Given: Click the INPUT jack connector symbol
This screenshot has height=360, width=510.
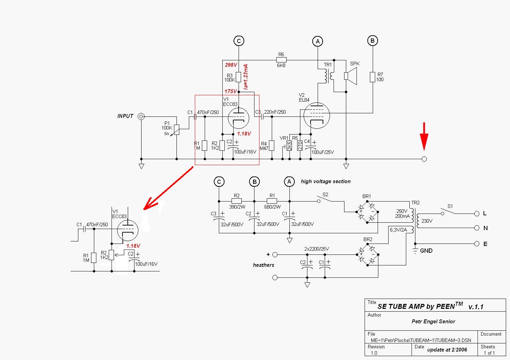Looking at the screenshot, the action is [x=141, y=116].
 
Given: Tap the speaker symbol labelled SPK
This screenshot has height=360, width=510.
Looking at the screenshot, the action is [x=350, y=76].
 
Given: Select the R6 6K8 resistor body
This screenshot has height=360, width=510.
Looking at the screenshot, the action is [x=281, y=60].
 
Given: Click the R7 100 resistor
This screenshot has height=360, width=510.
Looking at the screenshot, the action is [x=372, y=77].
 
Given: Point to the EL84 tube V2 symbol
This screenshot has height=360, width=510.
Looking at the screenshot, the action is [x=317, y=115].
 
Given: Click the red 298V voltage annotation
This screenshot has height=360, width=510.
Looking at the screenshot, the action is [x=231, y=65].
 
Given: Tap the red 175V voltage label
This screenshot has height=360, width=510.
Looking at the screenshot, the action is [x=230, y=91].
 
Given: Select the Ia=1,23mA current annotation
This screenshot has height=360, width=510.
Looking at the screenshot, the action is [x=245, y=77].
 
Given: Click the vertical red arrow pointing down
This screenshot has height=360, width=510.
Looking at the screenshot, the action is [x=424, y=136].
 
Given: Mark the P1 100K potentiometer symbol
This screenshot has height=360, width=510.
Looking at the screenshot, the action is [x=176, y=130].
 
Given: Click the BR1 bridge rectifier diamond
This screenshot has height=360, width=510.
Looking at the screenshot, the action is [x=367, y=212].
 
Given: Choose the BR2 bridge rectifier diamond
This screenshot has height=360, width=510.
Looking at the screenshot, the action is [x=367, y=254].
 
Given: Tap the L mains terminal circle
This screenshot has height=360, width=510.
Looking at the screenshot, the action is [x=477, y=214].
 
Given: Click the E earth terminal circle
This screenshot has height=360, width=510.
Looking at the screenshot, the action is [x=477, y=244].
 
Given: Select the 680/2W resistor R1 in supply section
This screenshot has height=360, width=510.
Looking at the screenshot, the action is [x=272, y=201].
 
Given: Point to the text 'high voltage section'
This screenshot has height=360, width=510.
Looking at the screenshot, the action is [x=325, y=181].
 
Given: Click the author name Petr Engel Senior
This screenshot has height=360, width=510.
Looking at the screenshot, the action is [x=433, y=321].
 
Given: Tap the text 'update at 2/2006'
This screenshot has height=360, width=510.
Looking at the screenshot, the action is [x=447, y=349].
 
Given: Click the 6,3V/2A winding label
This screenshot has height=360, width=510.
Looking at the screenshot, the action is [x=398, y=230].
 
